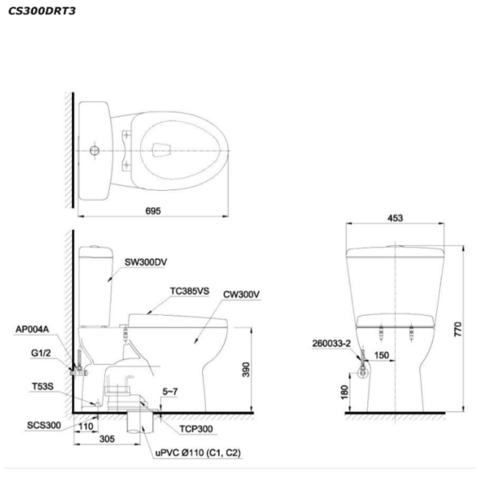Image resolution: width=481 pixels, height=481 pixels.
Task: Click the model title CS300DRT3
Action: (x=42, y=11)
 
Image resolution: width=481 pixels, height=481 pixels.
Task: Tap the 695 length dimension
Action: (x=153, y=211)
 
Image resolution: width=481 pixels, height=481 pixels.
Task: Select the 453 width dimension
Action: (x=395, y=218)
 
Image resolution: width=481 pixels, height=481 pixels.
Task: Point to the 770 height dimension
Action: (x=458, y=329)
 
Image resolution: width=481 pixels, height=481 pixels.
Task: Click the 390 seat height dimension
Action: (x=246, y=370)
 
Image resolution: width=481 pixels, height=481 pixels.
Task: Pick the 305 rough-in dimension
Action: (x=107, y=439)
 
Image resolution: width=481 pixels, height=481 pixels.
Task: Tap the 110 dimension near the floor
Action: (x=86, y=426)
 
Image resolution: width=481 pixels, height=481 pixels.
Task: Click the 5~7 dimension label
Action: (x=170, y=392)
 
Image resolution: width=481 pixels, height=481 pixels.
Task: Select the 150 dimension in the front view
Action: (x=382, y=355)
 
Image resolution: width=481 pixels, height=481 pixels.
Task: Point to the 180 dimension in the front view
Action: (x=345, y=392)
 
